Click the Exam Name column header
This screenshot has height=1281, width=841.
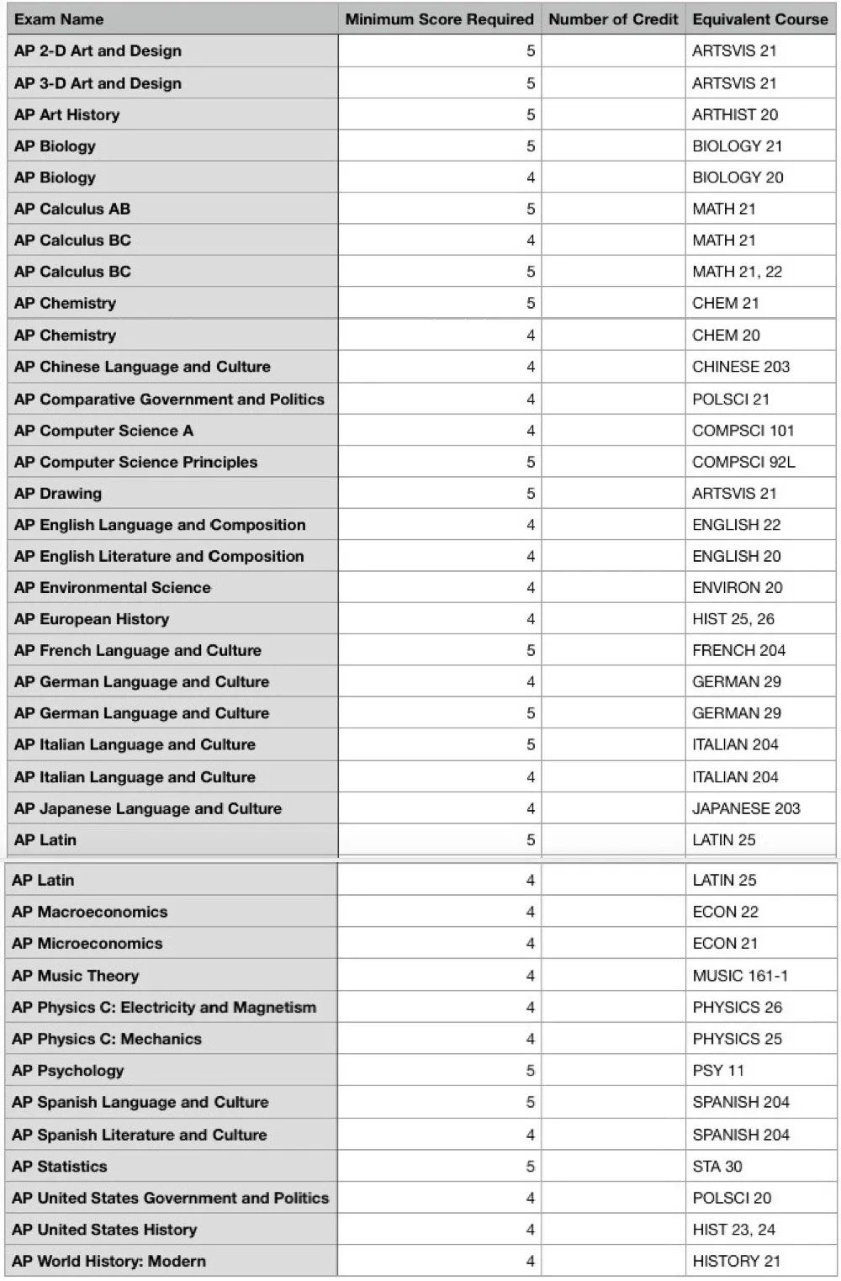(59, 19)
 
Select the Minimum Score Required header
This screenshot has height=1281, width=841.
(439, 19)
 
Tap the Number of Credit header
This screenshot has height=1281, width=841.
(613, 19)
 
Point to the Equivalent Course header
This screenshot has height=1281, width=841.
(759, 19)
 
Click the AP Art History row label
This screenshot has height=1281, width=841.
(67, 114)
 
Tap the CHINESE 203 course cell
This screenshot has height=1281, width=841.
(741, 367)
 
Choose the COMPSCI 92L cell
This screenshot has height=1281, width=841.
(743, 462)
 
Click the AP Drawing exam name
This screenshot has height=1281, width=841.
(58, 493)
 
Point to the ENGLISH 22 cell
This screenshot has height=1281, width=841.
(736, 525)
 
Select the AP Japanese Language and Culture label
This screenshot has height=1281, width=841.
(148, 808)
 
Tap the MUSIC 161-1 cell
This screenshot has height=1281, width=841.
(740, 976)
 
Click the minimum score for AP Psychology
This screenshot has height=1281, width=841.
(530, 1071)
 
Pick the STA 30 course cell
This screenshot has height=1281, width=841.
(717, 1167)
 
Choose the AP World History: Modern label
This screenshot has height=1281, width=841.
(108, 1261)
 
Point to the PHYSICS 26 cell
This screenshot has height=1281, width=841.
(737, 1007)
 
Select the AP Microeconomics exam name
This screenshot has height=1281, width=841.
(87, 944)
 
